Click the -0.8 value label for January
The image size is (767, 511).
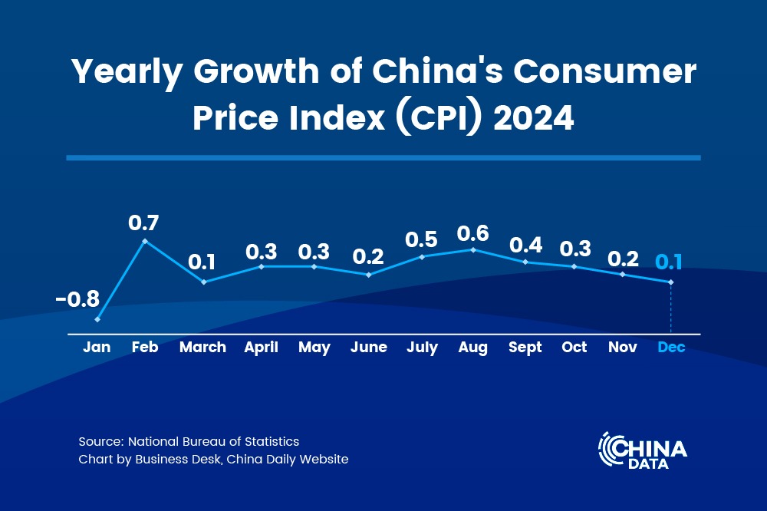(x=77, y=298)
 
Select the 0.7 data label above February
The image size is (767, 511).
(x=143, y=223)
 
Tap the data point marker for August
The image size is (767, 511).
(x=473, y=249)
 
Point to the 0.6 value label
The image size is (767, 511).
(x=472, y=233)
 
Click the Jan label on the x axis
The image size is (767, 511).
(x=97, y=348)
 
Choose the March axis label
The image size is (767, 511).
(x=202, y=348)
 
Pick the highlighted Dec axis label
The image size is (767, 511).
(x=671, y=348)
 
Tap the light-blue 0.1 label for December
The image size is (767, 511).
(x=669, y=262)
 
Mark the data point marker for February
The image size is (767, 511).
(x=145, y=241)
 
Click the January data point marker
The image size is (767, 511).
(x=97, y=319)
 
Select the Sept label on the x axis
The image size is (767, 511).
(x=525, y=348)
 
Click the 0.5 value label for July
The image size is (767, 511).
(x=422, y=239)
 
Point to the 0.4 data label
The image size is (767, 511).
(x=526, y=246)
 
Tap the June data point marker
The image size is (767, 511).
(x=369, y=275)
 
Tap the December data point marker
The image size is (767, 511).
(x=671, y=282)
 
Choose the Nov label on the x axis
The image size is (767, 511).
(x=622, y=348)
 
